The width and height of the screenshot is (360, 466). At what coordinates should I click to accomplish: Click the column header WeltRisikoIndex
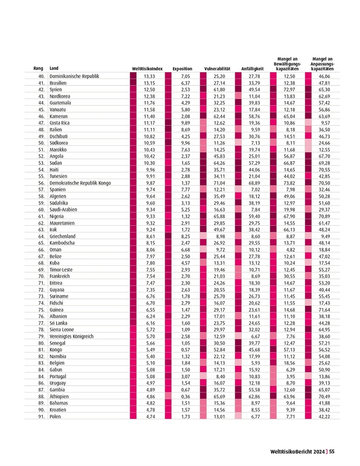click(x=147, y=69)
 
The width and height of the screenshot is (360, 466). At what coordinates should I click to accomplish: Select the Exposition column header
click(x=182, y=69)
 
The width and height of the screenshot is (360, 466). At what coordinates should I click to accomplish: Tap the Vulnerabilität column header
click(x=217, y=69)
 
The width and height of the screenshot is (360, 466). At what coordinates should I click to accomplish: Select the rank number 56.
click(x=41, y=183)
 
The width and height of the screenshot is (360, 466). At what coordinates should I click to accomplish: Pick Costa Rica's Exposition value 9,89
click(x=184, y=123)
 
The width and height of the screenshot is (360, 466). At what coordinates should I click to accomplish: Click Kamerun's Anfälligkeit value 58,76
click(x=255, y=116)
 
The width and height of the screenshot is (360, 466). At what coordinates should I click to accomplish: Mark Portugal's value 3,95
click(x=291, y=376)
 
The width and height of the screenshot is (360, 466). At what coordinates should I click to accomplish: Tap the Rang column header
click(x=38, y=69)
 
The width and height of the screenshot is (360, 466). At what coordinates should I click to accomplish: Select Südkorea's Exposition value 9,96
click(x=184, y=143)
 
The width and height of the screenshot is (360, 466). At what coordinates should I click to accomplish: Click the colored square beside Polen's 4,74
click(x=133, y=416)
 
